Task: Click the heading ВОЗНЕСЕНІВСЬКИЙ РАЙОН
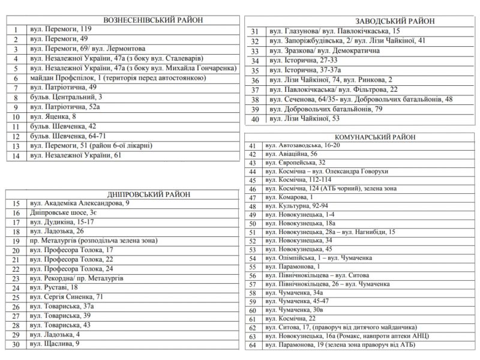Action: (121, 19)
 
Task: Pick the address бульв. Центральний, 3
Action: (66, 97)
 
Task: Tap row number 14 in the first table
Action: (16, 156)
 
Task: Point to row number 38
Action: (255, 100)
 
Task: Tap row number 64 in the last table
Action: (253, 345)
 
